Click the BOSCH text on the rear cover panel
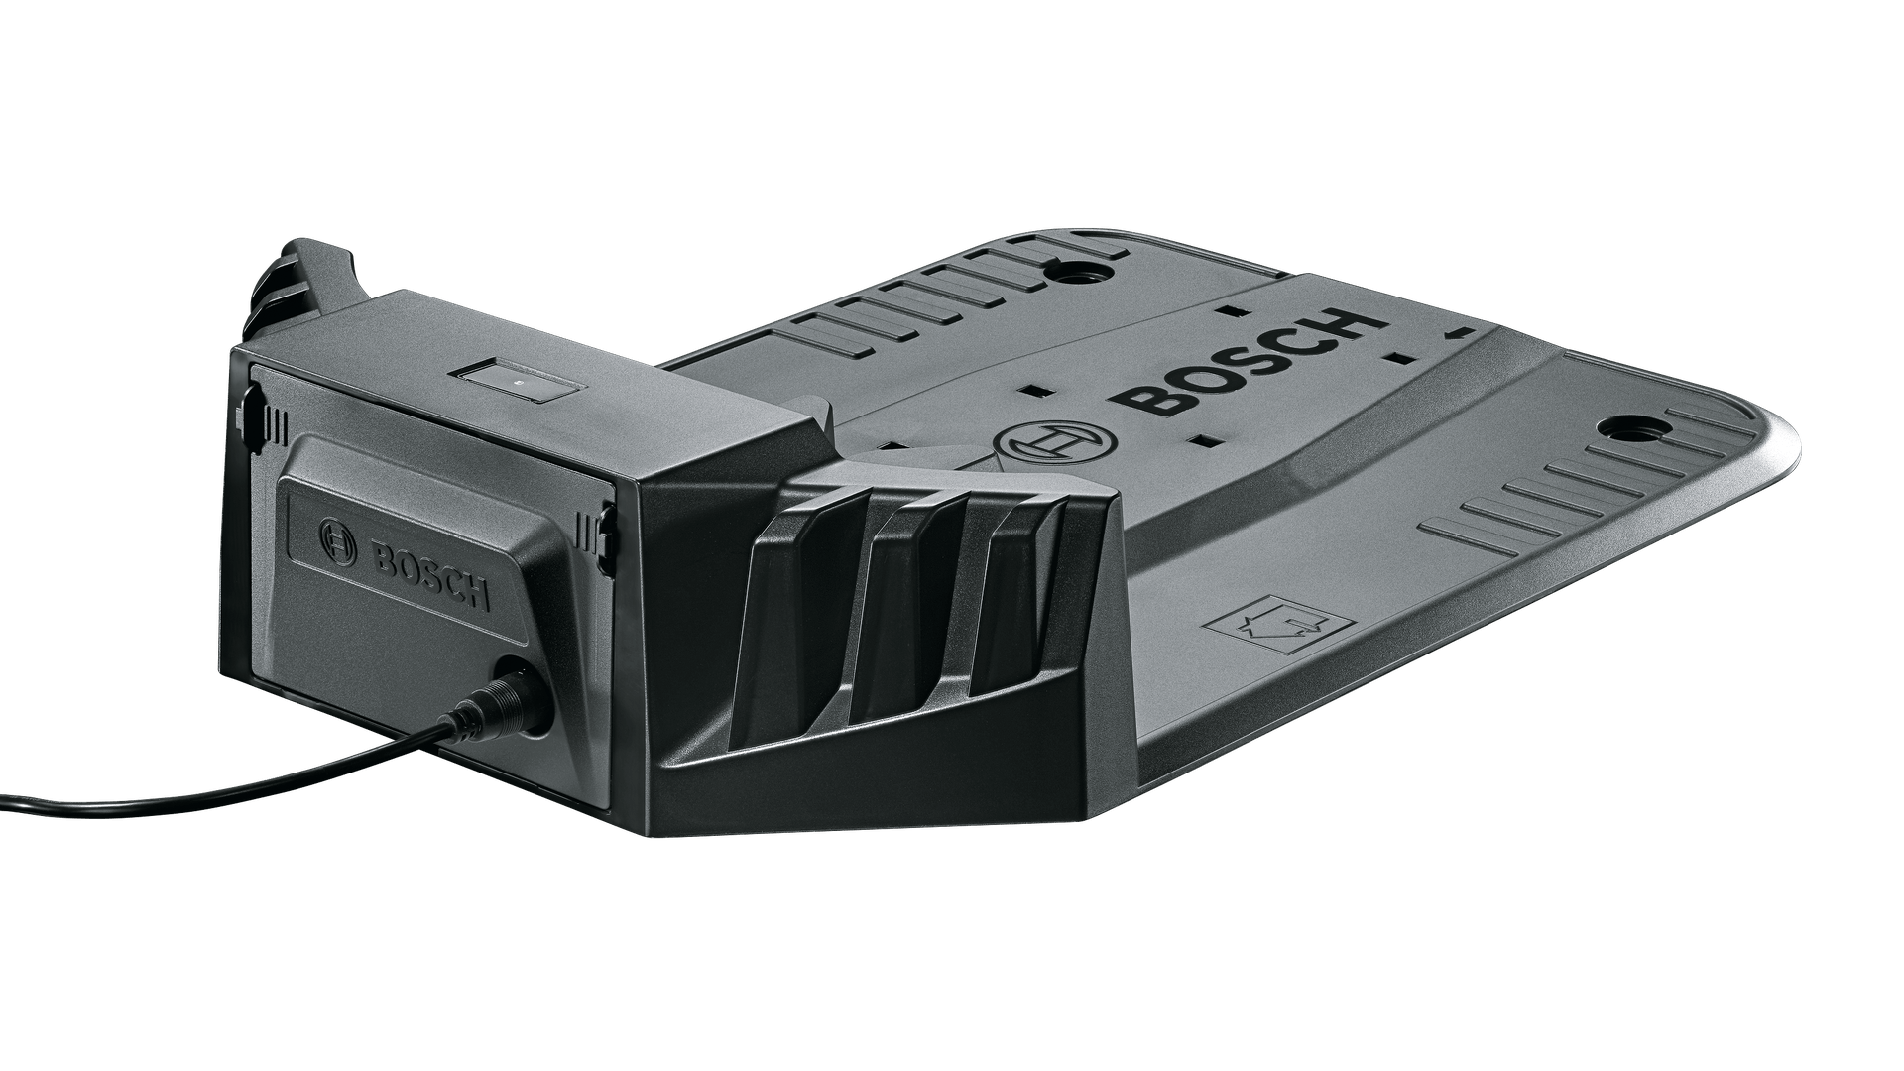tap(430, 576)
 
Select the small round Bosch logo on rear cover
tap(335, 540)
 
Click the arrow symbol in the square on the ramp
tap(1280, 625)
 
